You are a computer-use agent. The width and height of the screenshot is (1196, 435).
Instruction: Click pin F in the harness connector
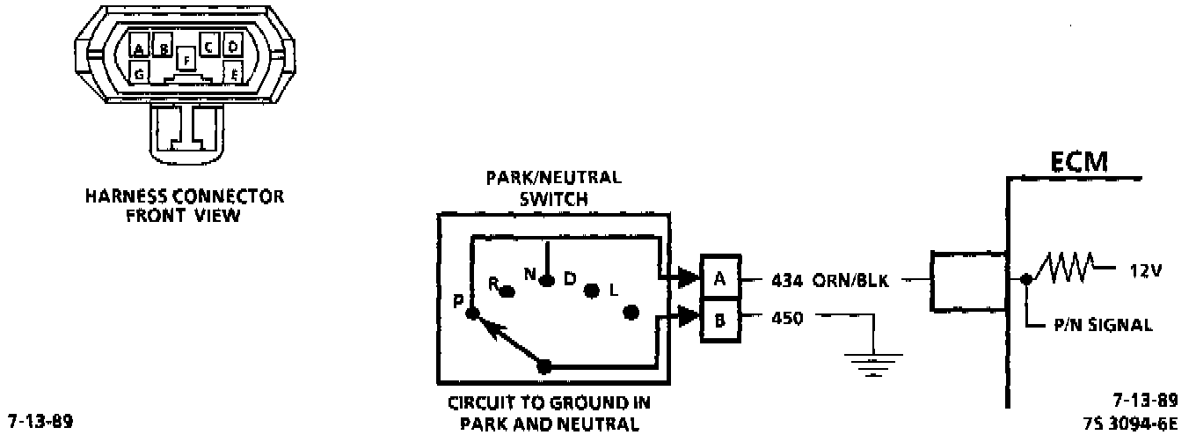(x=185, y=59)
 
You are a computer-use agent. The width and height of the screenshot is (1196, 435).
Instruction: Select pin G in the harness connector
(x=140, y=72)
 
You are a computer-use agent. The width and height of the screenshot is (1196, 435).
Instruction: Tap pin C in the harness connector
(x=209, y=46)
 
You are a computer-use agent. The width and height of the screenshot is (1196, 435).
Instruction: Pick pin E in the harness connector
(x=233, y=72)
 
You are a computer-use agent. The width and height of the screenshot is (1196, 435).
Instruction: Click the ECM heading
(x=1078, y=163)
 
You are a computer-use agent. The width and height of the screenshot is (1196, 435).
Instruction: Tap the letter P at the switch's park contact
(x=458, y=300)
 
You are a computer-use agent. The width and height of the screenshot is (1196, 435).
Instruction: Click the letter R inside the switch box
(x=493, y=284)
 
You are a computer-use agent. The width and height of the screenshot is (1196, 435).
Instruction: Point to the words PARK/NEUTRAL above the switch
(x=553, y=176)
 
